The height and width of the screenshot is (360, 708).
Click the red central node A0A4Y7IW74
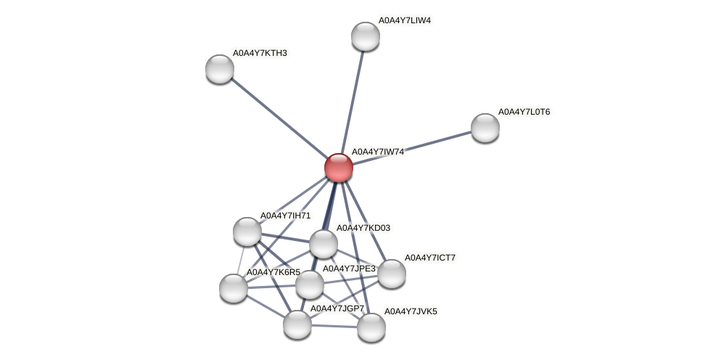click(339, 168)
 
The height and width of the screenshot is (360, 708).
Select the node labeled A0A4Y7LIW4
click(366, 36)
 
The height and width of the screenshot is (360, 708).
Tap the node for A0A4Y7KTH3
click(220, 69)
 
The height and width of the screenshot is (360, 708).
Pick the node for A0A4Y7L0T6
click(485, 128)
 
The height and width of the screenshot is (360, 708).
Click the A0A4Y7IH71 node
click(247, 232)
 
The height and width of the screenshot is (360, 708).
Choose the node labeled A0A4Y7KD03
click(324, 244)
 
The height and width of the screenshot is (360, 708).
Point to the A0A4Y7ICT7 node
click(392, 274)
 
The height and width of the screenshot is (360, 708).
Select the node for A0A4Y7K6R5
click(234, 288)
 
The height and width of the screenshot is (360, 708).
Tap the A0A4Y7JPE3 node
click(310, 285)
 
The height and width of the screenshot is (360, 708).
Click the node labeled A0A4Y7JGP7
click(297, 324)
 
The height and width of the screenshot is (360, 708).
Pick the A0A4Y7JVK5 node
click(371, 327)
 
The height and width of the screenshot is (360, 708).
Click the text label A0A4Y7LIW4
click(405, 20)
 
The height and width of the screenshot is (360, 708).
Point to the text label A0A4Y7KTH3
click(260, 53)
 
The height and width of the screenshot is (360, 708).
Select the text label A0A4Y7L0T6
click(524, 112)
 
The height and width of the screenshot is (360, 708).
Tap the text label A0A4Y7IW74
click(378, 152)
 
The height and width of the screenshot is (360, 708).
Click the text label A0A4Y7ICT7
click(430, 258)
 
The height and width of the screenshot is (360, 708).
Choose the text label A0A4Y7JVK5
click(411, 311)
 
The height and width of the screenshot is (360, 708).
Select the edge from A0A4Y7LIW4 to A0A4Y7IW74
click(353, 102)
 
